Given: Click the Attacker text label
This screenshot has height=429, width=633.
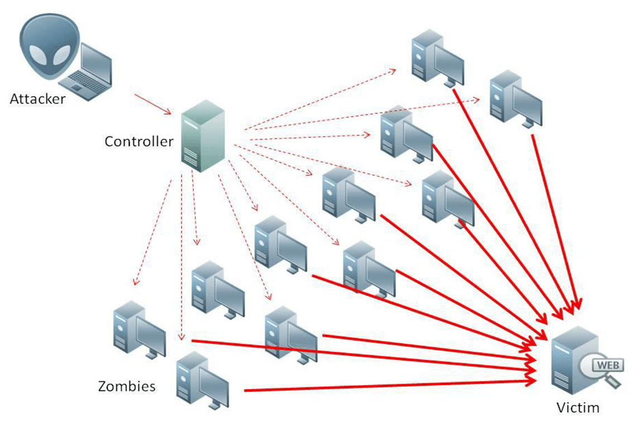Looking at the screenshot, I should point(37,99).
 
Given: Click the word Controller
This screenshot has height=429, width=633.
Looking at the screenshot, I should point(139,142).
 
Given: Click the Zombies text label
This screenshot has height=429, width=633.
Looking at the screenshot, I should point(127,386).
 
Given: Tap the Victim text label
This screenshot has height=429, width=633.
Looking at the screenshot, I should point(578,408).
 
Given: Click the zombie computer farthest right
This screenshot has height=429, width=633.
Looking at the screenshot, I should point(515,101).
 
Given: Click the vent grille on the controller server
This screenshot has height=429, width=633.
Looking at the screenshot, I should point(190,159).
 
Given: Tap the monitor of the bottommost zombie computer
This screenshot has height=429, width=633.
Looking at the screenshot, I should point(213,386).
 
